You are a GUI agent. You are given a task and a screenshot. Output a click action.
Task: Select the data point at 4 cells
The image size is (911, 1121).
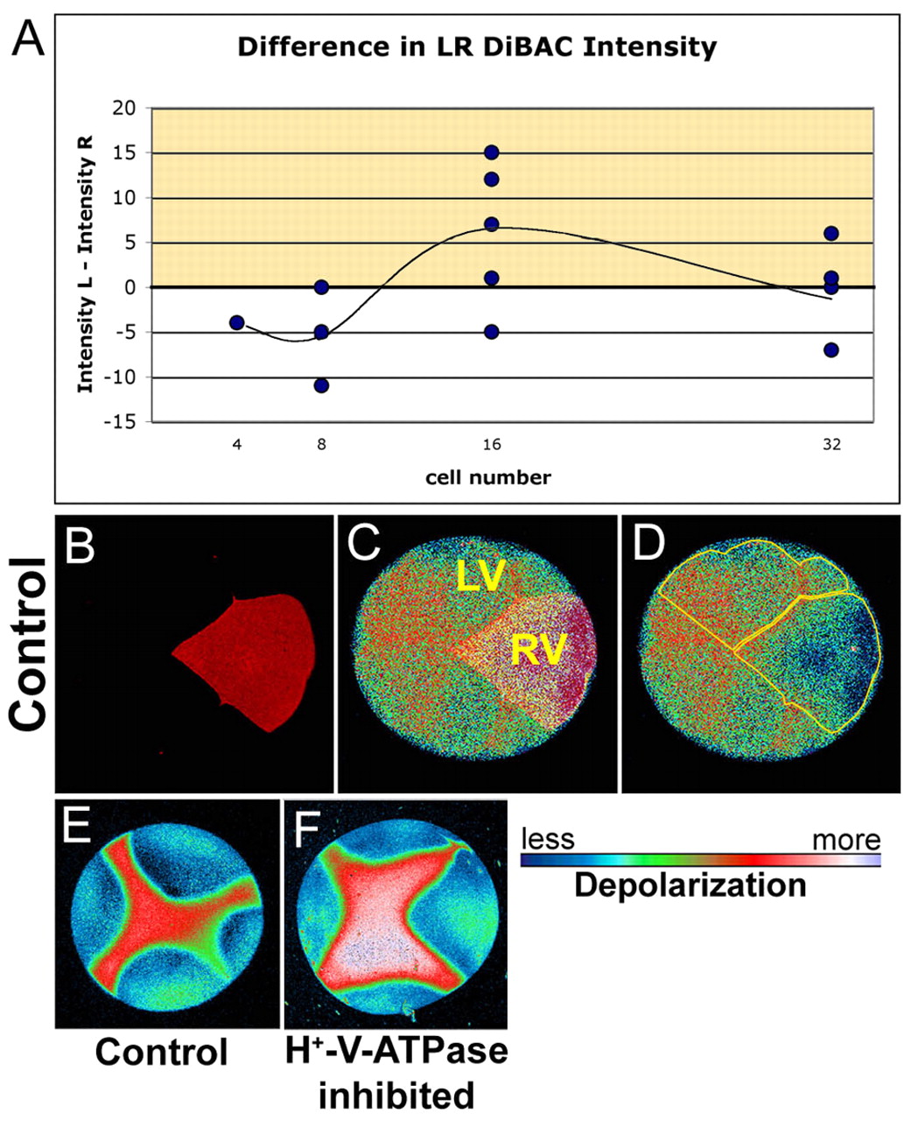[236, 322]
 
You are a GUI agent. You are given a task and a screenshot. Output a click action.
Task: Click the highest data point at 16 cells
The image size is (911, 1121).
[491, 152]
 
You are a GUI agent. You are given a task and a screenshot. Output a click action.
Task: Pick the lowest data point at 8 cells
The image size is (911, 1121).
[321, 385]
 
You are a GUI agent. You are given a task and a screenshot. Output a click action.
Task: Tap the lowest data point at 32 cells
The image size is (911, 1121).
[831, 349]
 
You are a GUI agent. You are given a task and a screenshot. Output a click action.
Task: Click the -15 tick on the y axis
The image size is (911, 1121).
[125, 422]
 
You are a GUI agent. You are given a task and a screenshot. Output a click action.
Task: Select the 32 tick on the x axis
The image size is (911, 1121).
[831, 445]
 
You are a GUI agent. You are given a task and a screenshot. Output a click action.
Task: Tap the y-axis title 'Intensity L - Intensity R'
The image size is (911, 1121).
[86, 265]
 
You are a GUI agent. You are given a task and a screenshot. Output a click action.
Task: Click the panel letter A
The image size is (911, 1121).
[29, 39]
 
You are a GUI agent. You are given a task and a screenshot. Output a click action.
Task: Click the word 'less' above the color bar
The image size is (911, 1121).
[548, 840]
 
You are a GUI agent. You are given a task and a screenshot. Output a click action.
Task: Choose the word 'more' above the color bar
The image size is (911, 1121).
[845, 841]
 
